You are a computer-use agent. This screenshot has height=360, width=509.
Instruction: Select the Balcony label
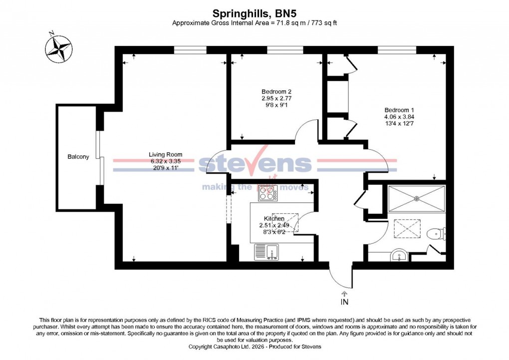tap(78, 157)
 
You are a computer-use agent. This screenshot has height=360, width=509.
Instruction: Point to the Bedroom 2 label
tap(276, 91)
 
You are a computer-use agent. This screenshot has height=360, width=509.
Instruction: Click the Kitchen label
tap(274, 219)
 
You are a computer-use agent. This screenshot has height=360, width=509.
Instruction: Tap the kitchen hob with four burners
tap(268, 193)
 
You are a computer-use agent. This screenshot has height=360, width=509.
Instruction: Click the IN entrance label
tap(344, 302)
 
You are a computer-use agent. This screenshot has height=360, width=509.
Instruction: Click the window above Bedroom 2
tap(280, 49)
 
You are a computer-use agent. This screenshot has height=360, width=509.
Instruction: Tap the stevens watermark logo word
tap(254, 164)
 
